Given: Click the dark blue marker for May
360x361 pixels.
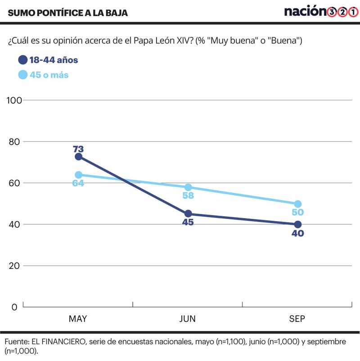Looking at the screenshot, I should point(78,156).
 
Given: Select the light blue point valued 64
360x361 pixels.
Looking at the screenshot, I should point(78,175).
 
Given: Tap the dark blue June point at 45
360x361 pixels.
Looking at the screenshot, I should point(188,214).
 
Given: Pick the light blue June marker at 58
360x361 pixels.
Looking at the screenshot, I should point(188,187).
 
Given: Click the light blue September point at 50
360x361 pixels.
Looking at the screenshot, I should point(297,204).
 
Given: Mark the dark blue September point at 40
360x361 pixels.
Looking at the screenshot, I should point(297,224).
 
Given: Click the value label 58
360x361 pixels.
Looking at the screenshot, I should point(188,196).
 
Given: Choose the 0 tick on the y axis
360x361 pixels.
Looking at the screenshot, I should point(14,307).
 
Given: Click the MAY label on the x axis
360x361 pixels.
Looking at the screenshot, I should point(78,319).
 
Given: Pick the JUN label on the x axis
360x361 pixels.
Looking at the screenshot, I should point(188,319).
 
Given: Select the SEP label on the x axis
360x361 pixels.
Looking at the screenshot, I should point(297,319).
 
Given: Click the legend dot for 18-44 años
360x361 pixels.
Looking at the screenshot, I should point(23,60).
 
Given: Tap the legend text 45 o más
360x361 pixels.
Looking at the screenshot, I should point(49,75).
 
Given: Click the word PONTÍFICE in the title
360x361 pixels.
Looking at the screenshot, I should point(58,13).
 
